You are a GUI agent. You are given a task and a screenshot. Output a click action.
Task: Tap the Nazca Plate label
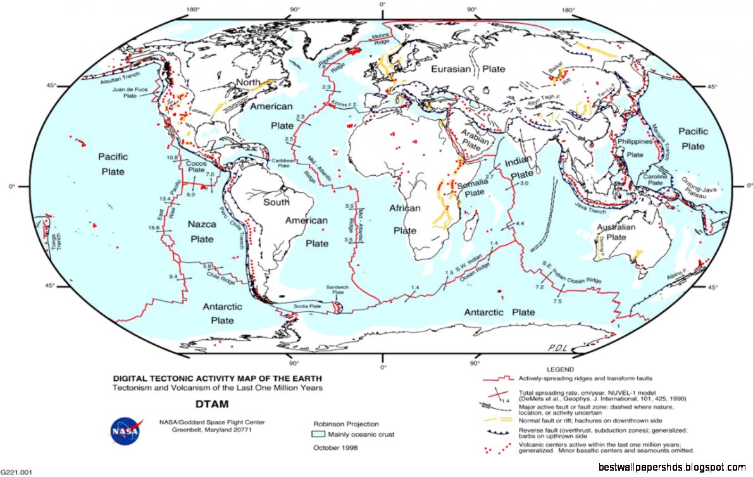(202, 232)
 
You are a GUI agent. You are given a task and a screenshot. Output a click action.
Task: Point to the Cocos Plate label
(196, 166)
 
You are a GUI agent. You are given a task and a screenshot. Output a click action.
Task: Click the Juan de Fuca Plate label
(130, 93)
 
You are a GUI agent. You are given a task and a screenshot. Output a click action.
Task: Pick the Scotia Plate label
(308, 306)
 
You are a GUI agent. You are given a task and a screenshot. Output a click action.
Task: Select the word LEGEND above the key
(559, 369)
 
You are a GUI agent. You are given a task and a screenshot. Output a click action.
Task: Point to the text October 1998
(335, 448)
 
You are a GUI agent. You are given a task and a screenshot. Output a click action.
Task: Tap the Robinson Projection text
(346, 424)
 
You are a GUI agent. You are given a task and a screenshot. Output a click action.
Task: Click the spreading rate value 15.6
(153, 227)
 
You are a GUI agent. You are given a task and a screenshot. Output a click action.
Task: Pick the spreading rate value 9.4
(173, 277)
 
